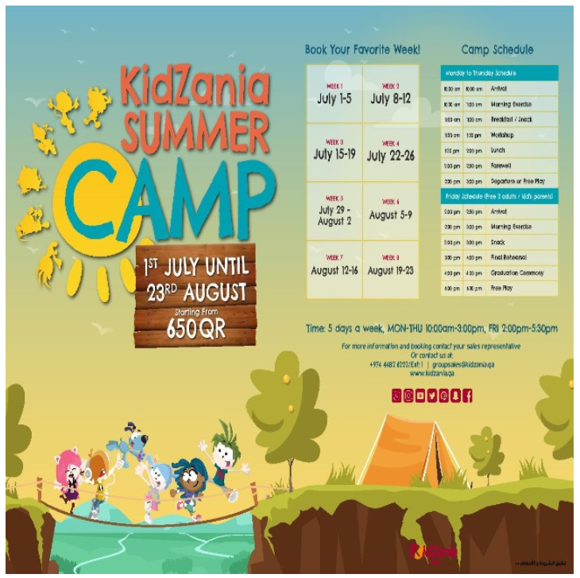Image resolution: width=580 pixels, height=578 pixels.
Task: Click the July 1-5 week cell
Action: point(334,95)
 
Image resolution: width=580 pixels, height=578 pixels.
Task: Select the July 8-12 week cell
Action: point(390,95)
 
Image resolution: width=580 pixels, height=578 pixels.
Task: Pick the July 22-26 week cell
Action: point(390,152)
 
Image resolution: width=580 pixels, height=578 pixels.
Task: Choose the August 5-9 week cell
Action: point(390,211)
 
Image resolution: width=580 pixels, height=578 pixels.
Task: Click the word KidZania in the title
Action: point(194,83)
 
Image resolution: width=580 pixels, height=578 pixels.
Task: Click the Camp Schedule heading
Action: point(497,49)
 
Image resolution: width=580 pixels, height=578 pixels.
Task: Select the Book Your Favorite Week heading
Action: point(362,49)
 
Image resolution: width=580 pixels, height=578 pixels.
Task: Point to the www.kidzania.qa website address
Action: point(431,373)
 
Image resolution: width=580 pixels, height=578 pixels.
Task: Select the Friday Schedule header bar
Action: point(499,196)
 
